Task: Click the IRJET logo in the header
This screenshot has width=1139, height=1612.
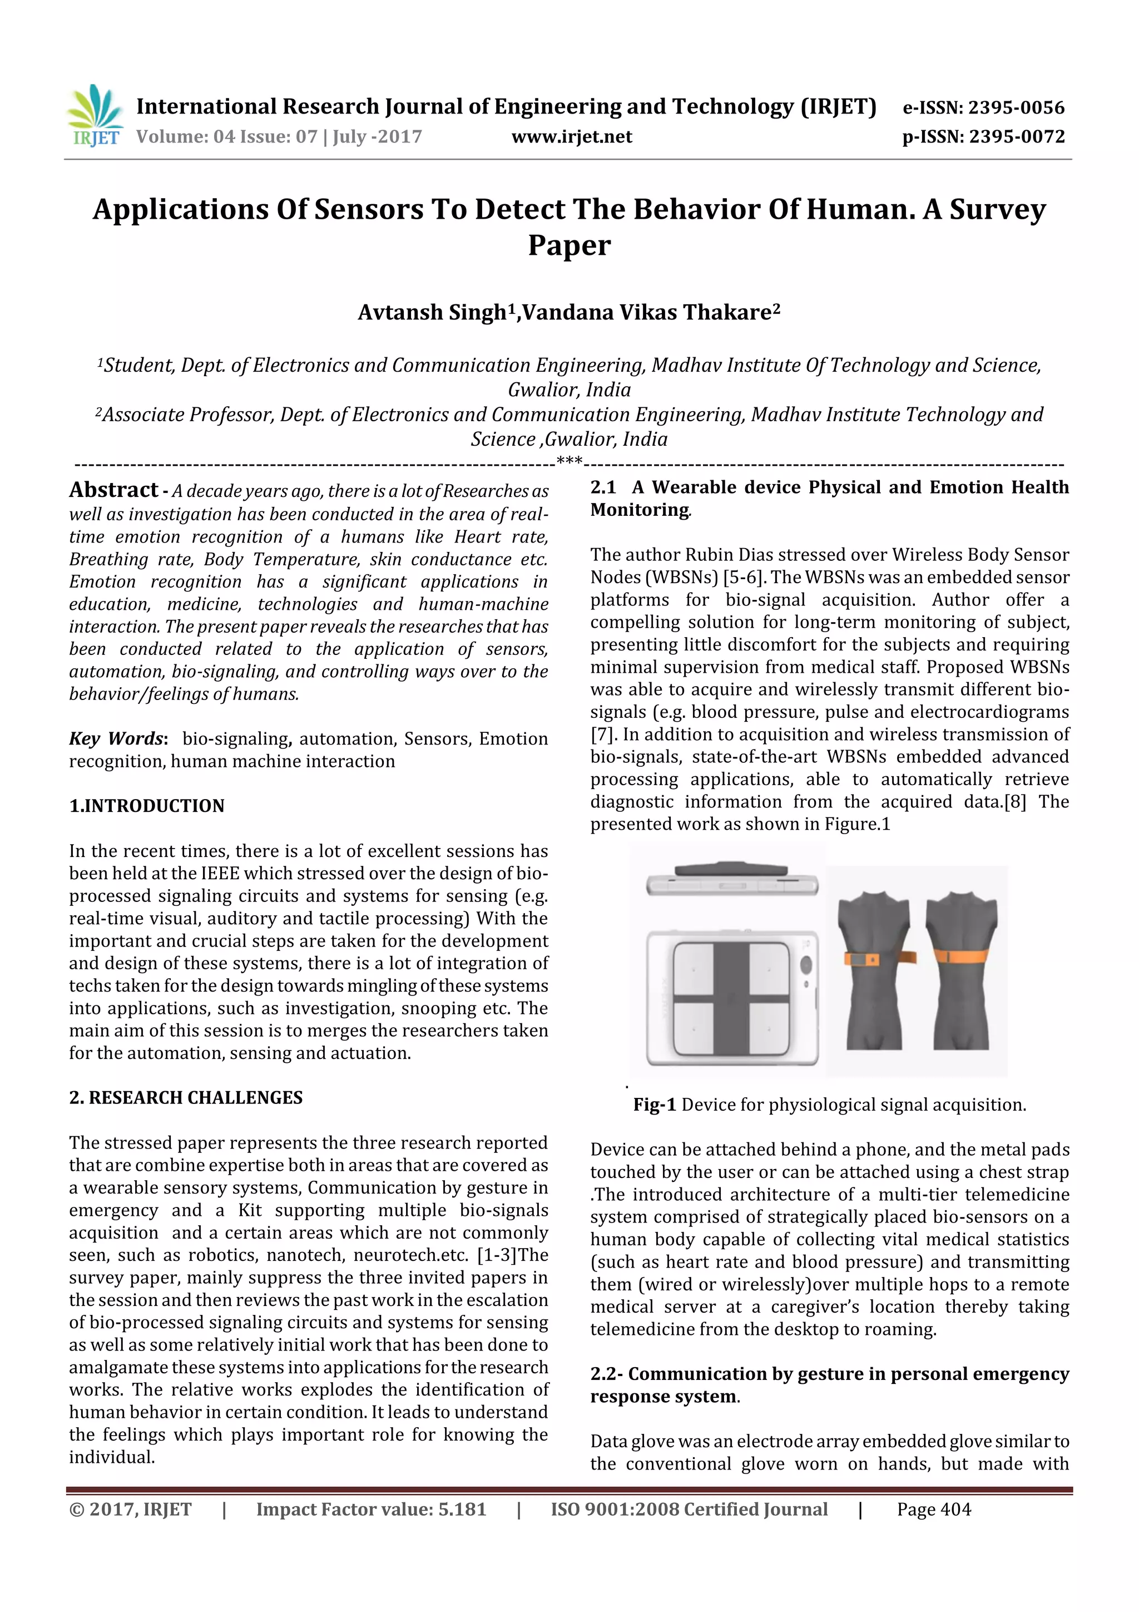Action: pyautogui.click(x=95, y=116)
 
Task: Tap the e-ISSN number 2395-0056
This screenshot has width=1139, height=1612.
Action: pyautogui.click(x=1016, y=107)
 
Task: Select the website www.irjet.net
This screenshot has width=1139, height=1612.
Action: pyautogui.click(x=571, y=137)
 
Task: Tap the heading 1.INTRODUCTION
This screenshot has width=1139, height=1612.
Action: pyautogui.click(x=147, y=805)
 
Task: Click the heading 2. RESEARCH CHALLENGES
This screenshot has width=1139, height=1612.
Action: pyautogui.click(x=186, y=1097)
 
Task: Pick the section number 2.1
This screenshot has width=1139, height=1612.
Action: pyautogui.click(x=603, y=487)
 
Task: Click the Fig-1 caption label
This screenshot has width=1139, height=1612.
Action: pyautogui.click(x=654, y=1105)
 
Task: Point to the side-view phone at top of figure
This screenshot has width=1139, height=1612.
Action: pyautogui.click(x=732, y=880)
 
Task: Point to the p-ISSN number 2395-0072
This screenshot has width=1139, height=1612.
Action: pyautogui.click(x=1016, y=137)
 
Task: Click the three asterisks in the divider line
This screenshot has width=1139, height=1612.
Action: pyautogui.click(x=569, y=461)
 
